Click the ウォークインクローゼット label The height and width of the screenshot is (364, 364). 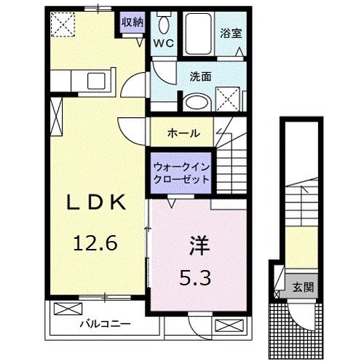point(181,172)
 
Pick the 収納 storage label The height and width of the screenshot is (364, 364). point(132,22)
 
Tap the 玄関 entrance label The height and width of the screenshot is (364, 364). point(300,286)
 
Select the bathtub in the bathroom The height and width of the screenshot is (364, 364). point(197,33)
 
